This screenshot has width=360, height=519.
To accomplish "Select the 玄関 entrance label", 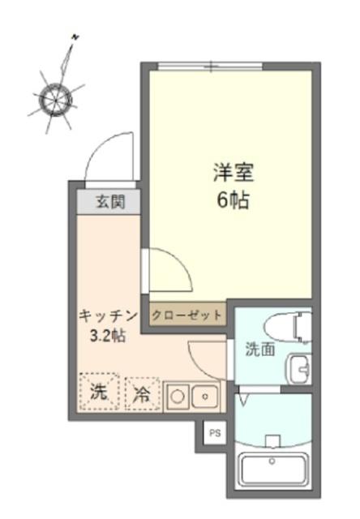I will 109,202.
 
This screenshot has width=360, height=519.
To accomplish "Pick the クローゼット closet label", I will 187,314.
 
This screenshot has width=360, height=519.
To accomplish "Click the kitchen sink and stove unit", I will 192,396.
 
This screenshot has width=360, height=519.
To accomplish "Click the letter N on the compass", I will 75,36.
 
